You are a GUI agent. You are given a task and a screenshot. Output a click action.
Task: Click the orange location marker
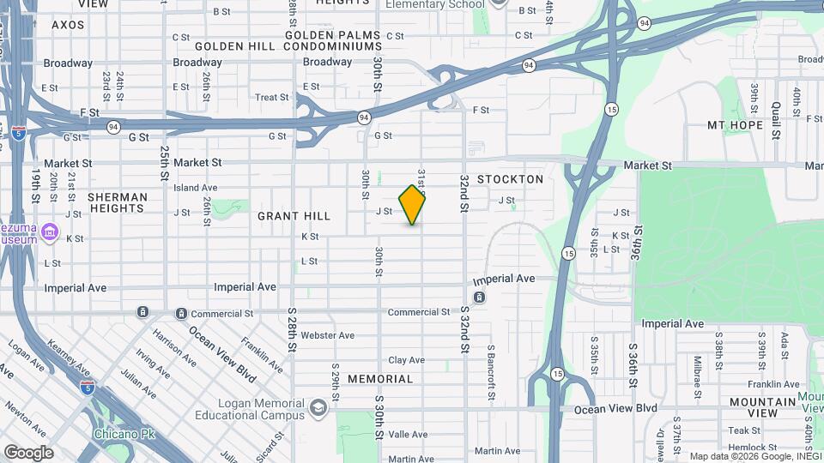tap(413, 205)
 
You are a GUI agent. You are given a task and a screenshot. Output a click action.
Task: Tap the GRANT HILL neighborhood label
tap(295, 216)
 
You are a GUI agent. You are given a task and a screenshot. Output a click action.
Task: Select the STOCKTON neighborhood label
tap(511, 179)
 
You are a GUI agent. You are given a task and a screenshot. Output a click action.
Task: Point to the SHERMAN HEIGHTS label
tap(118, 202)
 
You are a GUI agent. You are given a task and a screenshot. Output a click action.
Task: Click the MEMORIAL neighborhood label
tap(380, 378)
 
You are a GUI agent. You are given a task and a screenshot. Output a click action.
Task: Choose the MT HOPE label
tap(735, 125)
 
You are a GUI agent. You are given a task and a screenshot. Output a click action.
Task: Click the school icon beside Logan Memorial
tap(319, 406)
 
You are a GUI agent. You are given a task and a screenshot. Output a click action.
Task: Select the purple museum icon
tap(49, 231)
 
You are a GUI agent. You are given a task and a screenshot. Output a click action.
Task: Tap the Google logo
tap(28, 452)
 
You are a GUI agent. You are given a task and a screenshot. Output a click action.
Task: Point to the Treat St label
tap(272, 98)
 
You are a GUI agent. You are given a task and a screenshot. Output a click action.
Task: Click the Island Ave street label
tap(196, 188)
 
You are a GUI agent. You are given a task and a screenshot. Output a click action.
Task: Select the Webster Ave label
tap(328, 335)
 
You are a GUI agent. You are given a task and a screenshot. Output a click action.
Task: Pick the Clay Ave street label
tap(408, 361)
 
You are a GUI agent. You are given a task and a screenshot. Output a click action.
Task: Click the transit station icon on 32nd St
tap(479, 298)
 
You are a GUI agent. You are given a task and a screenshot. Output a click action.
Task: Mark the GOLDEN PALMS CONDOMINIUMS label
tap(287, 40)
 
